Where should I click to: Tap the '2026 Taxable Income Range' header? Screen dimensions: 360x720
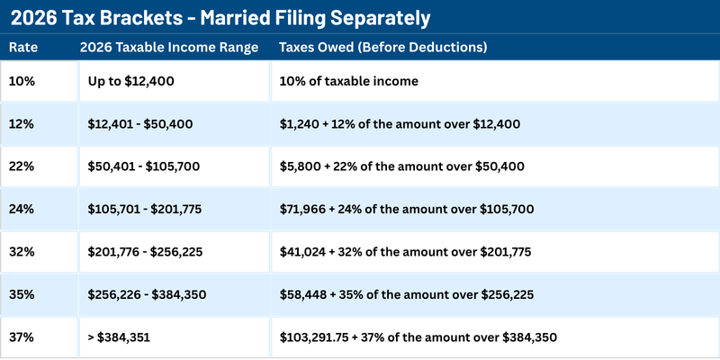[167, 47]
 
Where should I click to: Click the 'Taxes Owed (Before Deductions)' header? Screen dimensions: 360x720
[383, 47]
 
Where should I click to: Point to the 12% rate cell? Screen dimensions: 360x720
[22, 123]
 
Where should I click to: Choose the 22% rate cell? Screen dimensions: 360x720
[22, 166]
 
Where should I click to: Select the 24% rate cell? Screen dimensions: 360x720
[22, 209]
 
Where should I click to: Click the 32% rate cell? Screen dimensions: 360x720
[22, 251]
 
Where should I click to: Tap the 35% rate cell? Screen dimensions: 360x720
[22, 293]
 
